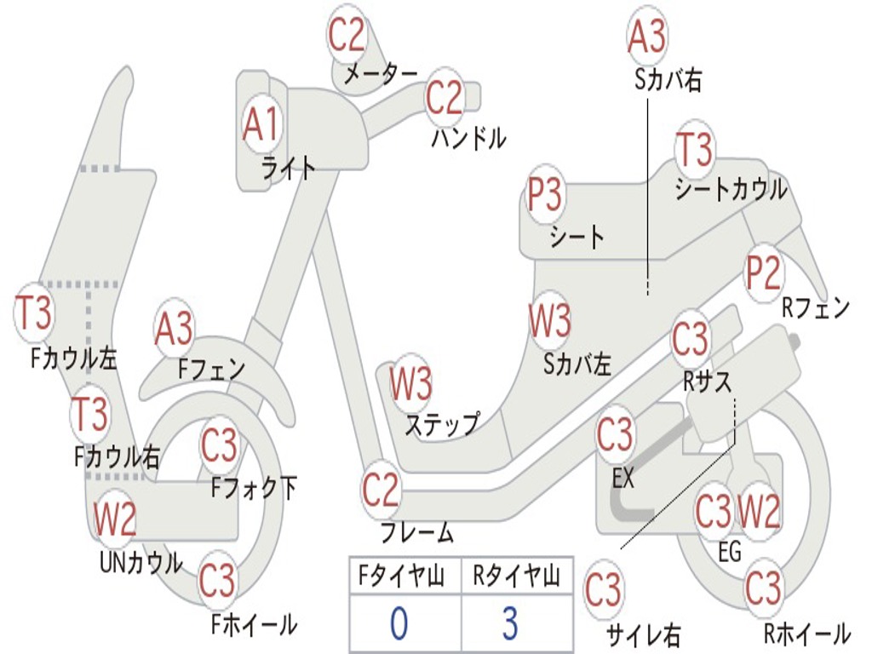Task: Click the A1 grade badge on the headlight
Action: pos(261,125)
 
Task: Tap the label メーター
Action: pos(381,75)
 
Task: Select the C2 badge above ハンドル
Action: pos(444,99)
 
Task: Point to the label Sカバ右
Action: pos(668,80)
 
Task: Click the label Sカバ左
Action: pos(577,364)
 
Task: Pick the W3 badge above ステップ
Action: pos(410,383)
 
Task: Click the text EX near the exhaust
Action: pos(624,479)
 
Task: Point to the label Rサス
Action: pos(708,382)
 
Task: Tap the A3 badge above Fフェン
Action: pos(174,329)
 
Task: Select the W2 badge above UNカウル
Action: pos(115,519)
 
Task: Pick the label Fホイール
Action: pos(254,624)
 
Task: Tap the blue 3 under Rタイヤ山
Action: pos(509,623)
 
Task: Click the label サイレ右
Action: pos(643,634)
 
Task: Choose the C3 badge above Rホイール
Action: pos(763,588)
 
